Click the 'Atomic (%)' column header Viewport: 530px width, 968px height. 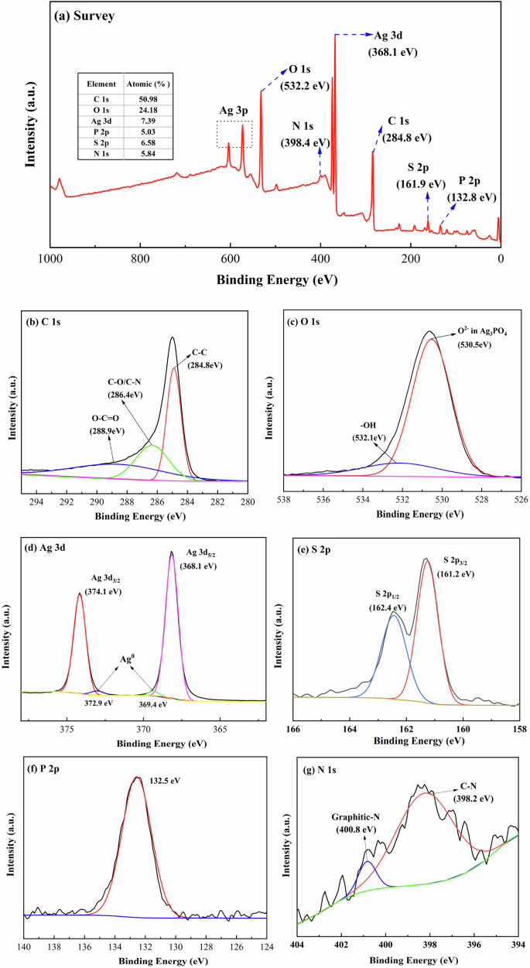[148, 84]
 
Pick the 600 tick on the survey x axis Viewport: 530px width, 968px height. [231, 259]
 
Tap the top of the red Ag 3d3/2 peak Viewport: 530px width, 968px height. [79, 593]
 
